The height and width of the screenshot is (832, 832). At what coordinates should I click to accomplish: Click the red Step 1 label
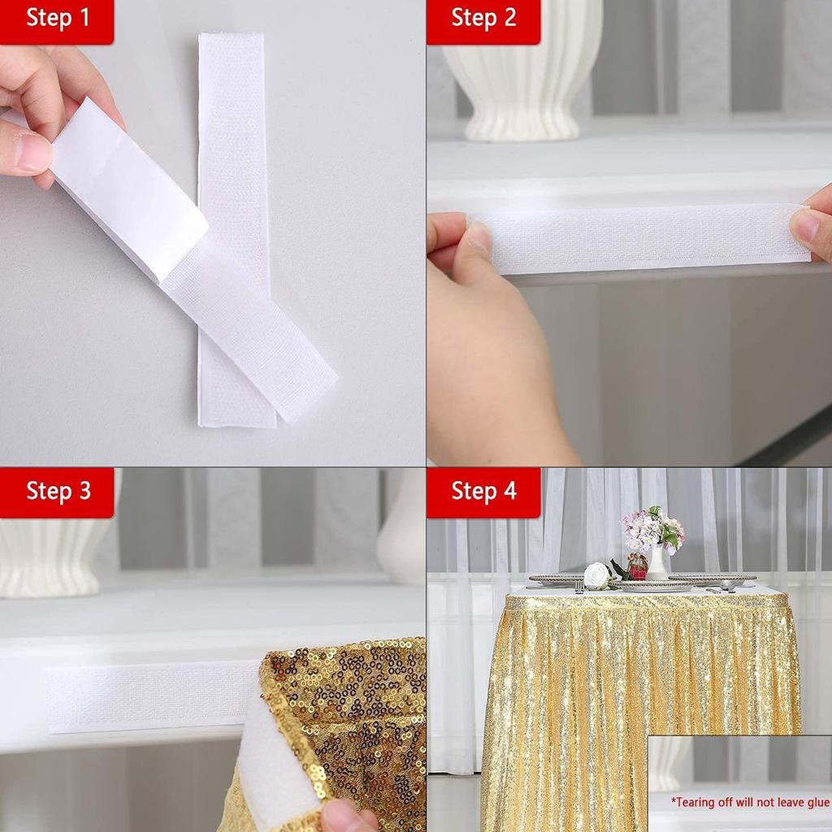[x=57, y=19]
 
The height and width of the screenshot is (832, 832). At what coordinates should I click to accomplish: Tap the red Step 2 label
[x=483, y=19]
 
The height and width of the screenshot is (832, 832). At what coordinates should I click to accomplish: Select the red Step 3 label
[x=57, y=492]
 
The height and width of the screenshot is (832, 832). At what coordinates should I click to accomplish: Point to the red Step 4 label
[x=483, y=492]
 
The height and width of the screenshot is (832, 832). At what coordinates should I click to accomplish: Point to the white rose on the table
[x=597, y=575]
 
